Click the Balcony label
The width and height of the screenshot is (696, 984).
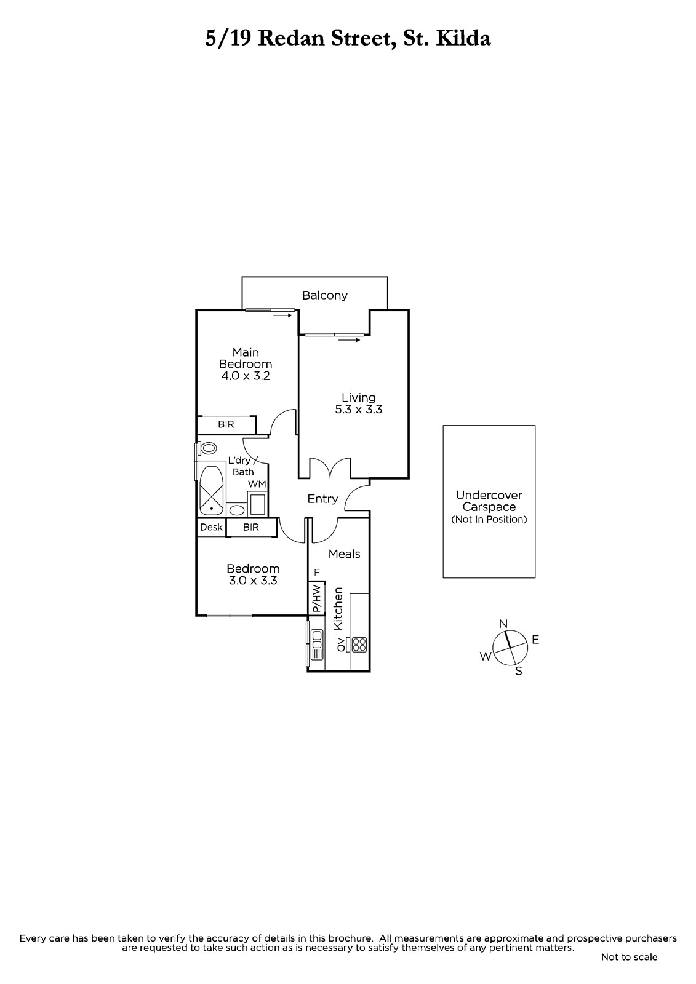[324, 296]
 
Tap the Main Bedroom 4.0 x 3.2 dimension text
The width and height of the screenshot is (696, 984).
[246, 376]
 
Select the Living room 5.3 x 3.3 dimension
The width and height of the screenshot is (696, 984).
[358, 410]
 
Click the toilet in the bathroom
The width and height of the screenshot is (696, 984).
[209, 448]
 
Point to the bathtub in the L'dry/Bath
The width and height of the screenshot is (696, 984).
[212, 488]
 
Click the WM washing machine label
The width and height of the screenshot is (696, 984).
[257, 484]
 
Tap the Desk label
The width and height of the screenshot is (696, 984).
[212, 527]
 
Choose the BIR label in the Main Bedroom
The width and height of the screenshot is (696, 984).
[226, 425]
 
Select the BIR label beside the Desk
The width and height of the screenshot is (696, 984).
[251, 527]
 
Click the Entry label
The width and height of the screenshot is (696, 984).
[322, 499]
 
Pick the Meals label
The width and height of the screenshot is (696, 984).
[344, 554]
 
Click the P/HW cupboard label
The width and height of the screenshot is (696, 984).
[316, 598]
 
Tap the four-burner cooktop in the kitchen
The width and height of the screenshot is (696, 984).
[359, 645]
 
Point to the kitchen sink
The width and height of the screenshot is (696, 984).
[316, 645]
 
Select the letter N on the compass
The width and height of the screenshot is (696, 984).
[503, 624]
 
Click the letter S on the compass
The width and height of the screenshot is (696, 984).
[518, 671]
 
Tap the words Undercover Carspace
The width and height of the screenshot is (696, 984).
[489, 501]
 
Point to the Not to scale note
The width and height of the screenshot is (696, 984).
[629, 957]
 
